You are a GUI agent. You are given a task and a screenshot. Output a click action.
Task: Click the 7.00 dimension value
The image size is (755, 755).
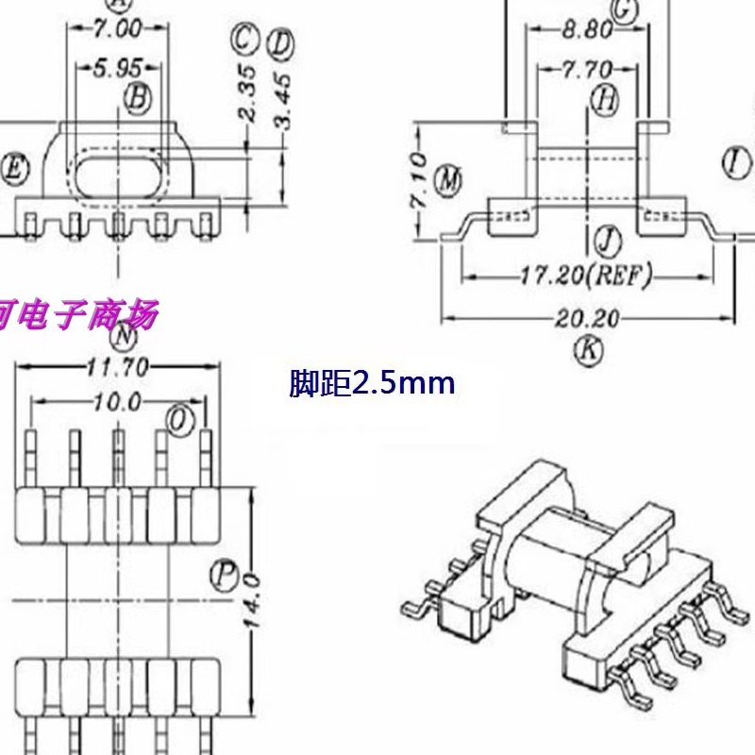click(x=117, y=29)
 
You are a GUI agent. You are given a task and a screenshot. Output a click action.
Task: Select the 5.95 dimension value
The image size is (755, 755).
click(x=117, y=69)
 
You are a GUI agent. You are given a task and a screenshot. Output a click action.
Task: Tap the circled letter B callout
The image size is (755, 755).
click(x=137, y=96)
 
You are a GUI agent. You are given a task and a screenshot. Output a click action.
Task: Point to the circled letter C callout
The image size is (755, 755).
click(x=243, y=40)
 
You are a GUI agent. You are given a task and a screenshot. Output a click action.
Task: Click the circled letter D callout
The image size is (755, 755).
click(x=280, y=43)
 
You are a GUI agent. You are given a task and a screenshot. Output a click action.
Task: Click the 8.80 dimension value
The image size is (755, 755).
click(x=586, y=30)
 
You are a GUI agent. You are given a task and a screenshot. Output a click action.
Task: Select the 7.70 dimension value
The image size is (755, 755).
click(x=586, y=70)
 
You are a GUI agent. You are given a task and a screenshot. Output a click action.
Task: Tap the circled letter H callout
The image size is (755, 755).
click(x=605, y=97)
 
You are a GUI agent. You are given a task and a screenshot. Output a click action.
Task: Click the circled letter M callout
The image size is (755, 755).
click(x=450, y=178)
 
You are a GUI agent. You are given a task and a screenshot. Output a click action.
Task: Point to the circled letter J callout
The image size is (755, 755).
click(x=608, y=242)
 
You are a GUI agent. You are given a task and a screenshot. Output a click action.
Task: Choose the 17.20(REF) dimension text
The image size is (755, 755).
click(x=586, y=277)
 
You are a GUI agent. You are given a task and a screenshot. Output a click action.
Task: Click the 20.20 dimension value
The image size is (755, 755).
click(x=587, y=319)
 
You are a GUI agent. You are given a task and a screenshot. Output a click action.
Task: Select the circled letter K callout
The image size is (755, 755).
click(x=588, y=350)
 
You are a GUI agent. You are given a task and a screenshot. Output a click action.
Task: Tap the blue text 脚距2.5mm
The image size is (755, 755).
click(x=372, y=384)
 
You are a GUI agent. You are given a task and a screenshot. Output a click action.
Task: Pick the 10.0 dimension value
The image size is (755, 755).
click(x=117, y=403)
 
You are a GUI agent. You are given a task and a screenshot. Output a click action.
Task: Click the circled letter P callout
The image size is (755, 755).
click(x=223, y=577)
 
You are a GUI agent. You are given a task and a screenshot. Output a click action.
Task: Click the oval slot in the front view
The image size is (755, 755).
click(x=118, y=176)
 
